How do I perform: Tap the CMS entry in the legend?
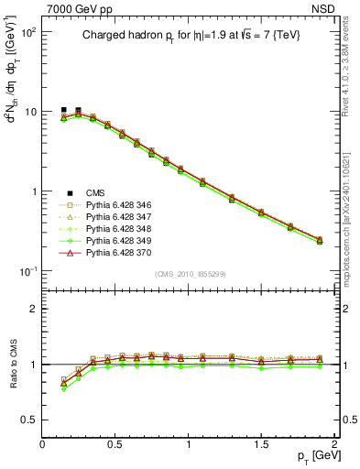tap(95, 192)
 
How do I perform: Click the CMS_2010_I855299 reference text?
tap(189, 275)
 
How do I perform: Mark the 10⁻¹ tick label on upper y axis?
tap(27, 271)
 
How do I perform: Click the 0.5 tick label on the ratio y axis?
tap(28, 420)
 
